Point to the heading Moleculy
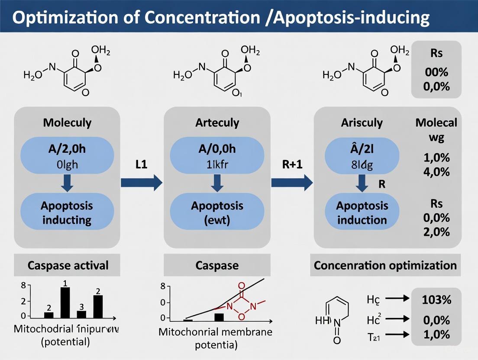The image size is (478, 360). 67,122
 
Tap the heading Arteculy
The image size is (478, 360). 217,122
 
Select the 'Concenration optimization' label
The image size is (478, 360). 385,265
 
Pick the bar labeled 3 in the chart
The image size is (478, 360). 81,314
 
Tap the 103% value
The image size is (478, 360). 437,299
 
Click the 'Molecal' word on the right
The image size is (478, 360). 436,122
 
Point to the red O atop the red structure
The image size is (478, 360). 241,285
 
